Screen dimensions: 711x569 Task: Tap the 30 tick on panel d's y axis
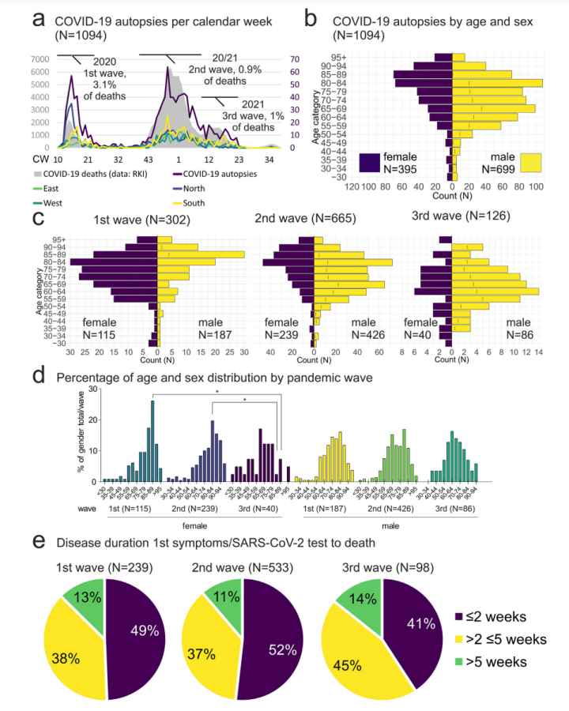[94, 389]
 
